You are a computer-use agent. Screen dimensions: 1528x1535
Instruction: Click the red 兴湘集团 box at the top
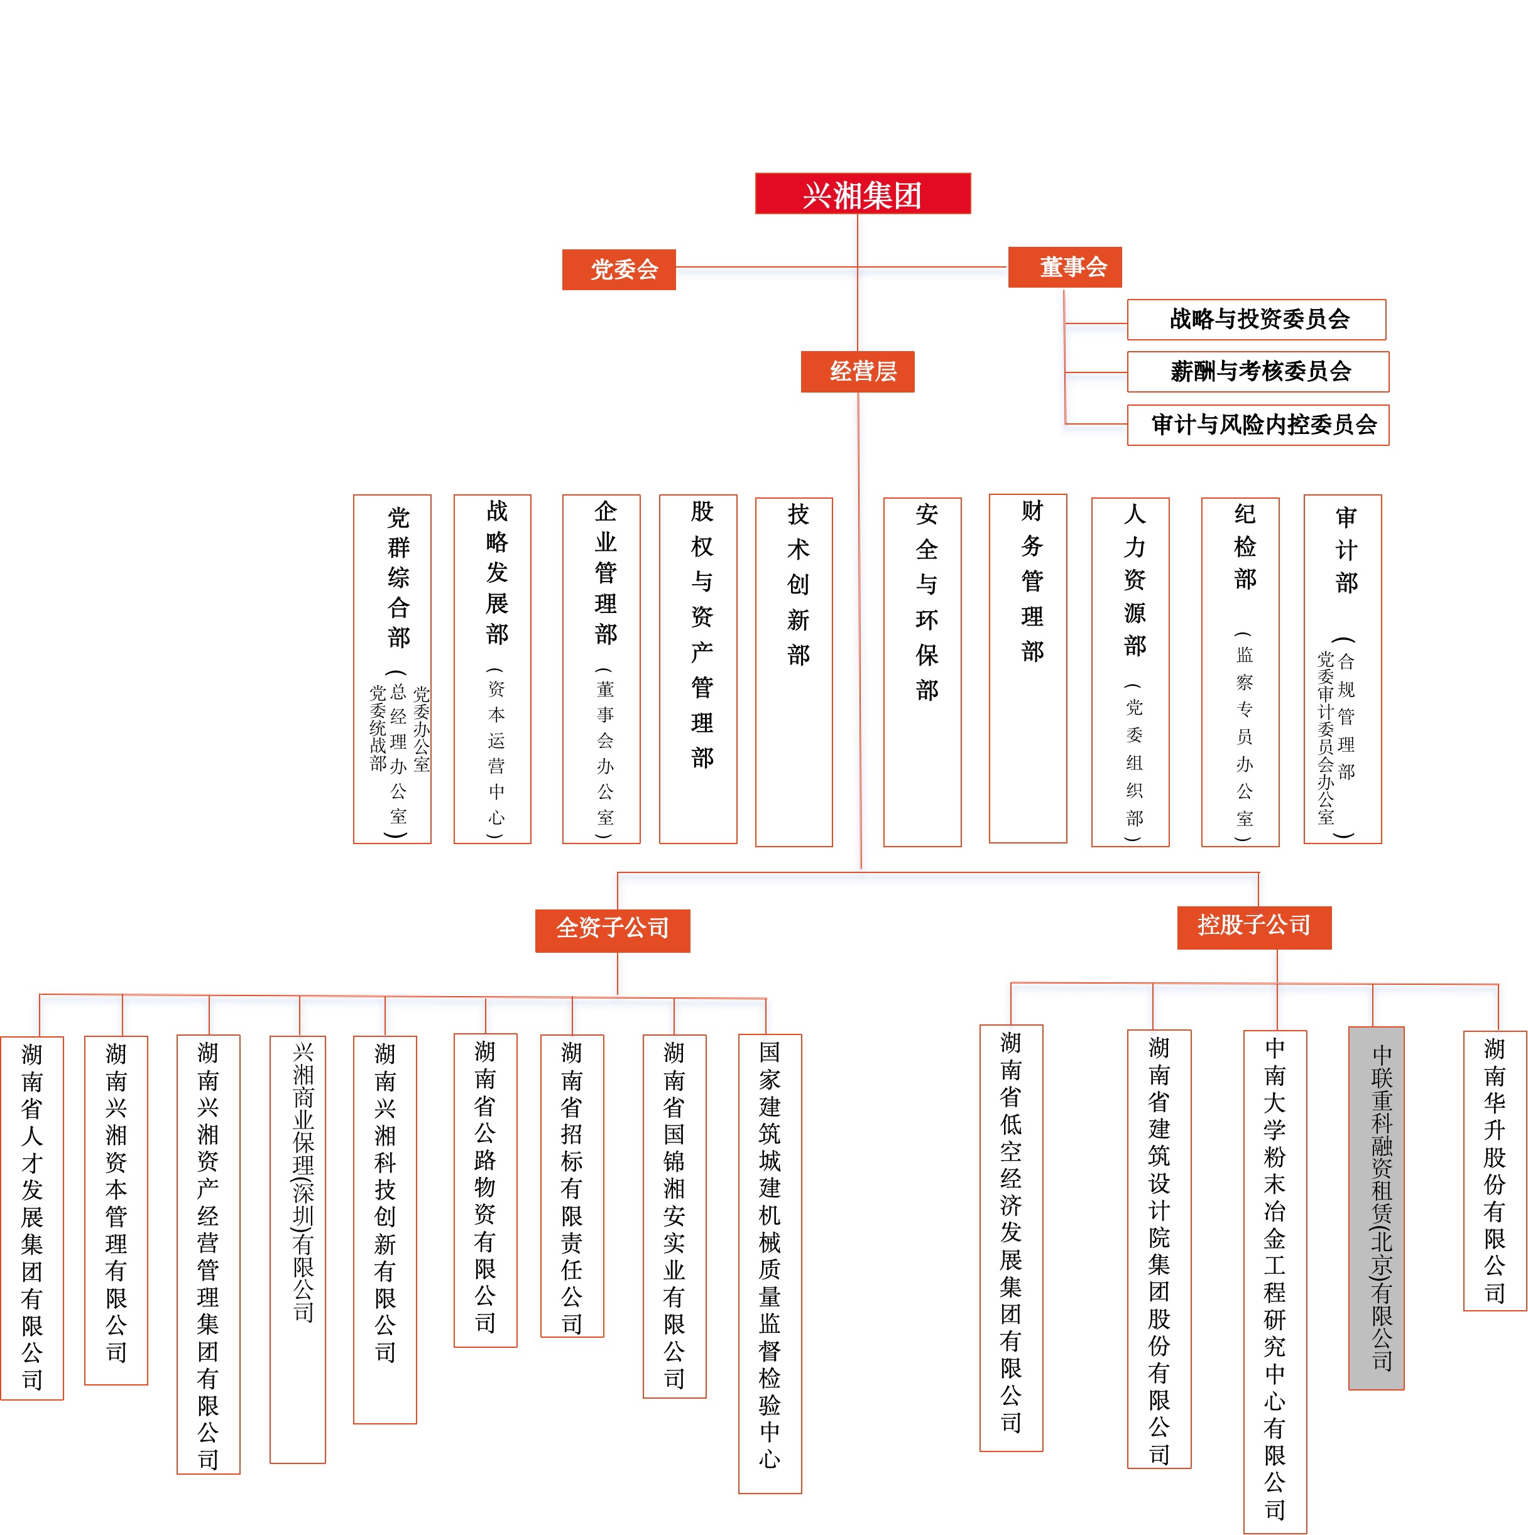tap(862, 193)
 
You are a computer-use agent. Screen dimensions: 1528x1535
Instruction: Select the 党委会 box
tap(619, 269)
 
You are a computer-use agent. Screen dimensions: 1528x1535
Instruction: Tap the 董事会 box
tap(1065, 267)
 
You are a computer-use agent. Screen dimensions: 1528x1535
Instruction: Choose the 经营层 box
tap(858, 371)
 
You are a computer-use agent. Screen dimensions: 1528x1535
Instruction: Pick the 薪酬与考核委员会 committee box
tap(1258, 372)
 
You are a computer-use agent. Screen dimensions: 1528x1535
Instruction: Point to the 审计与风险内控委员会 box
tap(1258, 425)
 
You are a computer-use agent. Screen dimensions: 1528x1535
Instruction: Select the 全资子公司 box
tap(613, 930)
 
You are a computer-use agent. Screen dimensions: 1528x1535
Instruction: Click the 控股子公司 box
tap(1254, 927)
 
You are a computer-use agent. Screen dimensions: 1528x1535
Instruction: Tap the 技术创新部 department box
tap(794, 672)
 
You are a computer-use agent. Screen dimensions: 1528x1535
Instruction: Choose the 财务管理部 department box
tap(1027, 668)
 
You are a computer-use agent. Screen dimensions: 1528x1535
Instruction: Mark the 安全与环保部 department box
tap(922, 672)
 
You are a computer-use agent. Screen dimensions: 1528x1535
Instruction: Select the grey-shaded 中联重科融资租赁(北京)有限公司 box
tap(1376, 1208)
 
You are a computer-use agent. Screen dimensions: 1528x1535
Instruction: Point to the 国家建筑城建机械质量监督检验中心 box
tap(770, 1264)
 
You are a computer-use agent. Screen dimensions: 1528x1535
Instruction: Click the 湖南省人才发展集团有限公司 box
tap(32, 1219)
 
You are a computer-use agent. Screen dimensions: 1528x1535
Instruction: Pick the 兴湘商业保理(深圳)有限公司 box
tap(297, 1250)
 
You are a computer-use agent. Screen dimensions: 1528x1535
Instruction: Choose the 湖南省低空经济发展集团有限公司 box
tap(1011, 1238)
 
